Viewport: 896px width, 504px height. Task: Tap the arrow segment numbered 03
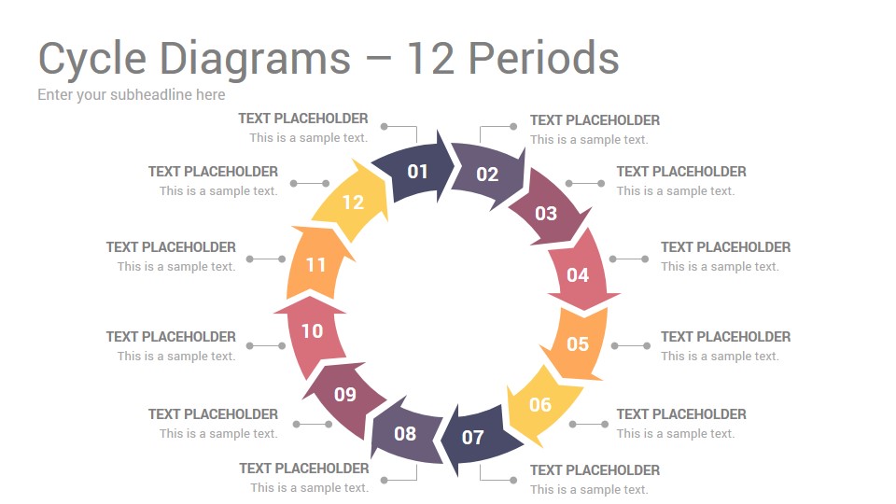pyautogui.click(x=546, y=212)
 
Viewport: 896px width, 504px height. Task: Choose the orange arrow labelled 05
pyautogui.click(x=577, y=343)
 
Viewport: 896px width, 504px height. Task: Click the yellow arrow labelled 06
pyautogui.click(x=540, y=404)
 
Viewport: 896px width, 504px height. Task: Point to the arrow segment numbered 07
pyautogui.click(x=473, y=437)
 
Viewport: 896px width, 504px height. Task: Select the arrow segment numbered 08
pyautogui.click(x=405, y=434)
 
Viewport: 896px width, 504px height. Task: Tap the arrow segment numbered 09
pyautogui.click(x=345, y=394)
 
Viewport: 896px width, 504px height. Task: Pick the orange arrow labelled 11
pyautogui.click(x=315, y=264)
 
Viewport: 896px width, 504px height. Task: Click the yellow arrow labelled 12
pyautogui.click(x=353, y=202)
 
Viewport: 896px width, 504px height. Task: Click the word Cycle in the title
pyautogui.click(x=92, y=59)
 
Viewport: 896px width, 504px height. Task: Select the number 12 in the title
pyautogui.click(x=430, y=58)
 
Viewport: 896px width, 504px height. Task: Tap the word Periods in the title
pyautogui.click(x=544, y=58)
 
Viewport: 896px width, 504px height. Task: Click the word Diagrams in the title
pyautogui.click(x=255, y=59)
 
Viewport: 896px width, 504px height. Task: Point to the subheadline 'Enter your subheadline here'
pyautogui.click(x=132, y=95)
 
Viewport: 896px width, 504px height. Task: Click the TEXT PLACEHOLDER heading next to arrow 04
pyautogui.click(x=726, y=246)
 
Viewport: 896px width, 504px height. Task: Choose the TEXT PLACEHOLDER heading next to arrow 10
pyautogui.click(x=171, y=337)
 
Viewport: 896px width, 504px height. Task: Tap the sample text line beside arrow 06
pyautogui.click(x=676, y=434)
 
